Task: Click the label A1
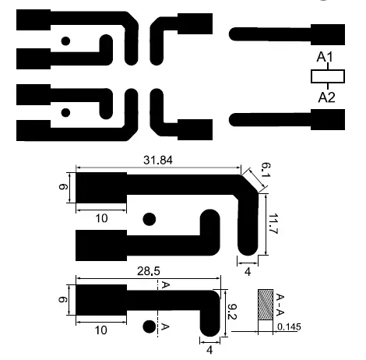click(326, 58)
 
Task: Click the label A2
click(326, 97)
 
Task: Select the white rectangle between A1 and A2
click(326, 76)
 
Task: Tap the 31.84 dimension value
click(158, 161)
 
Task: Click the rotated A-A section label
click(281, 303)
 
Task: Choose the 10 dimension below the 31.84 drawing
click(101, 219)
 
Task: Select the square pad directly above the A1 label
click(327, 34)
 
